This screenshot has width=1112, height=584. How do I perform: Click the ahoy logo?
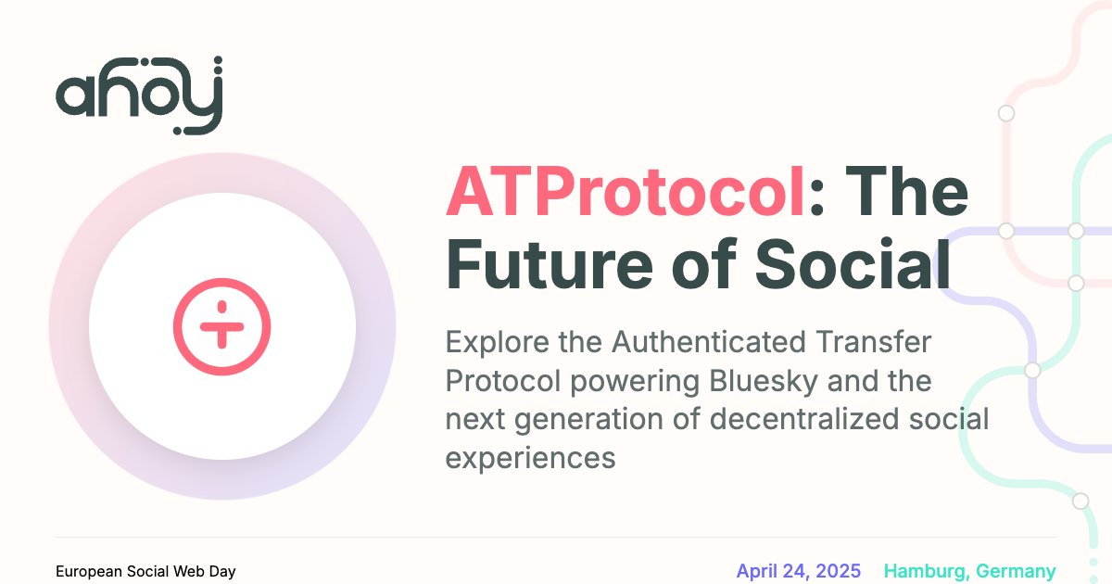(139, 95)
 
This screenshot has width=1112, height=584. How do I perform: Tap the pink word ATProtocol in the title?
(625, 192)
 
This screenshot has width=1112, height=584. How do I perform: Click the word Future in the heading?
(549, 264)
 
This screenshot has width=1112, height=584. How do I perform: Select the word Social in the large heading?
(853, 264)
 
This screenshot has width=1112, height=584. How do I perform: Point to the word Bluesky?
(763, 381)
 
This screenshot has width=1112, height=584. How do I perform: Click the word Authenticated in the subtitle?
(708, 342)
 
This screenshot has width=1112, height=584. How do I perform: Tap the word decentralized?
(804, 419)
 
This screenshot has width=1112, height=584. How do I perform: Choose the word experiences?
(530, 458)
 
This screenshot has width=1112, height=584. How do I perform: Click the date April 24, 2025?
(798, 571)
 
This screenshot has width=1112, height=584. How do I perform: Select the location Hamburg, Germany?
(969, 572)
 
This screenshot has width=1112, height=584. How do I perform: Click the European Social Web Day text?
(145, 572)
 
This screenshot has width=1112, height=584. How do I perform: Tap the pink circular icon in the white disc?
(221, 326)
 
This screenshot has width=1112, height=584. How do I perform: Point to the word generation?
(588, 420)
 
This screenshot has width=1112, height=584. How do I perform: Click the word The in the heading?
(906, 192)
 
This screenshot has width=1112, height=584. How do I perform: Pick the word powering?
(635, 382)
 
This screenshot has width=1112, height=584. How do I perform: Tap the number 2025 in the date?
(839, 571)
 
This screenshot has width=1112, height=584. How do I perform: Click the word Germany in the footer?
(1016, 572)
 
